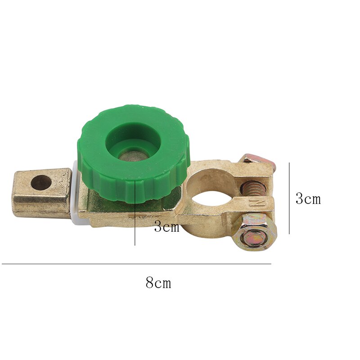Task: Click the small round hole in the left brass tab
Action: pos(41,183)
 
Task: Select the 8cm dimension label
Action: pos(158,283)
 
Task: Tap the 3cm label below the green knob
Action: pos(166,227)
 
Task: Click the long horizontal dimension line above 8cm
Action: pos(135,264)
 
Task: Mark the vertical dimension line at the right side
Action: pos(289,198)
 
